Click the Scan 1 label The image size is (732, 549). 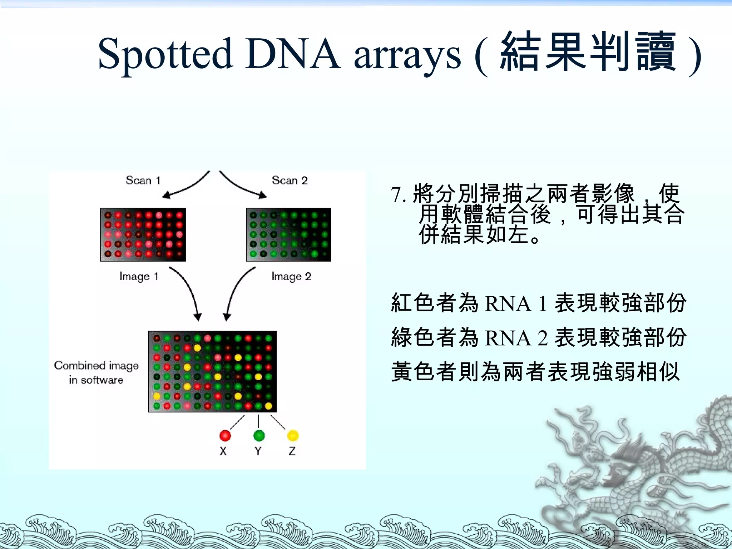143,180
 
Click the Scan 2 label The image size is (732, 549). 290,180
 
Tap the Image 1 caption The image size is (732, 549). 139,276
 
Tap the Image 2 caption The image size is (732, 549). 291,276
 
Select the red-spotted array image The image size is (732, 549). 143,234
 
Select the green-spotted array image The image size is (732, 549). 288,234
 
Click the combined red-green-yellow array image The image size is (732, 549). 212,372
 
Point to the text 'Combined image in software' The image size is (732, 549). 96,372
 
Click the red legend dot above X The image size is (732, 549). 225,435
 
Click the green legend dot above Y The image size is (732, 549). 259,435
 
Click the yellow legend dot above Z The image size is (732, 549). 293,435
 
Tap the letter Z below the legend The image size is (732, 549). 292,451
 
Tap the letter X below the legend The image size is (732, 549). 223,451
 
